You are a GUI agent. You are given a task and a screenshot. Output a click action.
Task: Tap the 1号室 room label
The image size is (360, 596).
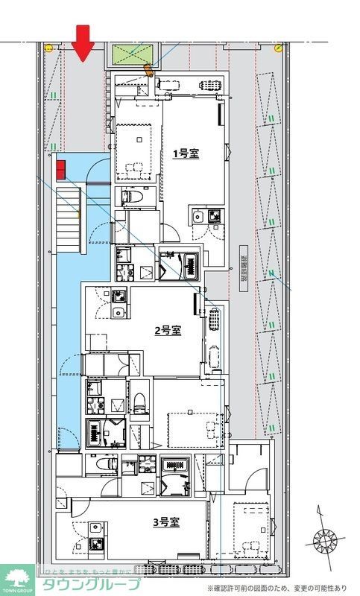click(x=186, y=153)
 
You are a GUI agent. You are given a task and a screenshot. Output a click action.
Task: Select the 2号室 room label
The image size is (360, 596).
click(x=168, y=330)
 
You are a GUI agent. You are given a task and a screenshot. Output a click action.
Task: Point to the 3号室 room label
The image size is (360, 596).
click(x=166, y=523)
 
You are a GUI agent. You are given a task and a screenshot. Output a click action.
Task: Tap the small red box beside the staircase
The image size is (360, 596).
click(x=61, y=169)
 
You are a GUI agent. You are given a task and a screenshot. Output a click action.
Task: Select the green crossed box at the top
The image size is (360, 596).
click(x=134, y=54)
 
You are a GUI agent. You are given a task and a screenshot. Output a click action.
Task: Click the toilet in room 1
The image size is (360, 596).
click(x=131, y=197)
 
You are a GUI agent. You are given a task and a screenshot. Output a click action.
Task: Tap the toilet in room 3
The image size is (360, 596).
click(x=105, y=463)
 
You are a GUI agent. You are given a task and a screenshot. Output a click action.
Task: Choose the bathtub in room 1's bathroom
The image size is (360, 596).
click(x=190, y=264)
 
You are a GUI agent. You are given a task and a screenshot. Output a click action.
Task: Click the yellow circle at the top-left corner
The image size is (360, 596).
click(x=49, y=48)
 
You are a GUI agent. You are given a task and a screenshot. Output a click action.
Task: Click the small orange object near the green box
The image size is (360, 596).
click(x=148, y=72)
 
